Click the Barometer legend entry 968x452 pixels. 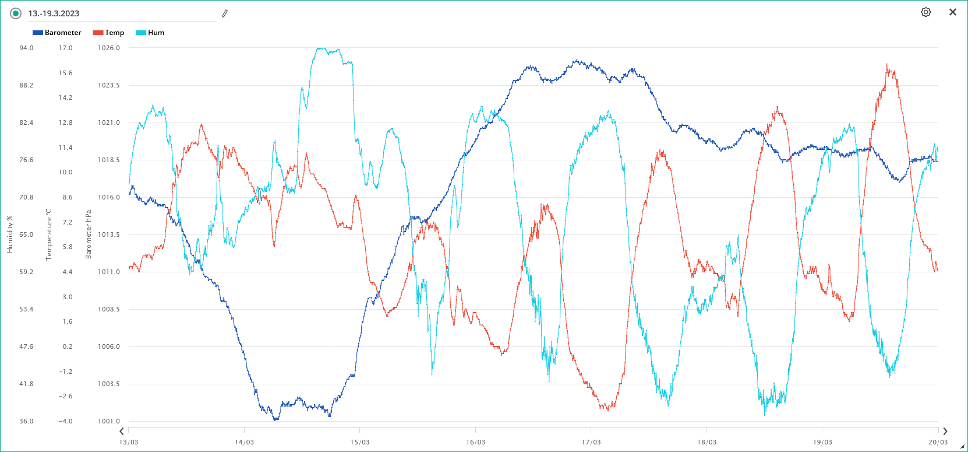[x=57, y=33]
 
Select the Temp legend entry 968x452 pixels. [x=109, y=33]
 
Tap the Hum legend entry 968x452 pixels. [x=150, y=33]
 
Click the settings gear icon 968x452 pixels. [x=925, y=12]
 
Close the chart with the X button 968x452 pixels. [x=953, y=12]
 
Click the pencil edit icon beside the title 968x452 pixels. [x=225, y=13]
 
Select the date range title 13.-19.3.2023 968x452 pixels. [x=54, y=13]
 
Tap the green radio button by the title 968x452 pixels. [x=16, y=13]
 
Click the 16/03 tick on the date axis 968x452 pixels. [x=475, y=442]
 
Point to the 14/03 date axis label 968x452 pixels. [x=244, y=442]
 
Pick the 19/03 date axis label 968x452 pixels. [x=822, y=442]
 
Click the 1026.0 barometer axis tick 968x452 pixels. [x=109, y=48]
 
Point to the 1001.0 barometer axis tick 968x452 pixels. [x=109, y=421]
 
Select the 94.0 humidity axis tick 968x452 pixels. [x=26, y=48]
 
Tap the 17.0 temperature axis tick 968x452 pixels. [x=65, y=48]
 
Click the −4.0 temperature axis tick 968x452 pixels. [x=65, y=421]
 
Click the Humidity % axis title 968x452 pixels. [x=10, y=234]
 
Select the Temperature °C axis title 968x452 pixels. [x=49, y=234]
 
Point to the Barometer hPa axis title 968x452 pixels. [x=89, y=234]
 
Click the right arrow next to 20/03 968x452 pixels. [x=945, y=432]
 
